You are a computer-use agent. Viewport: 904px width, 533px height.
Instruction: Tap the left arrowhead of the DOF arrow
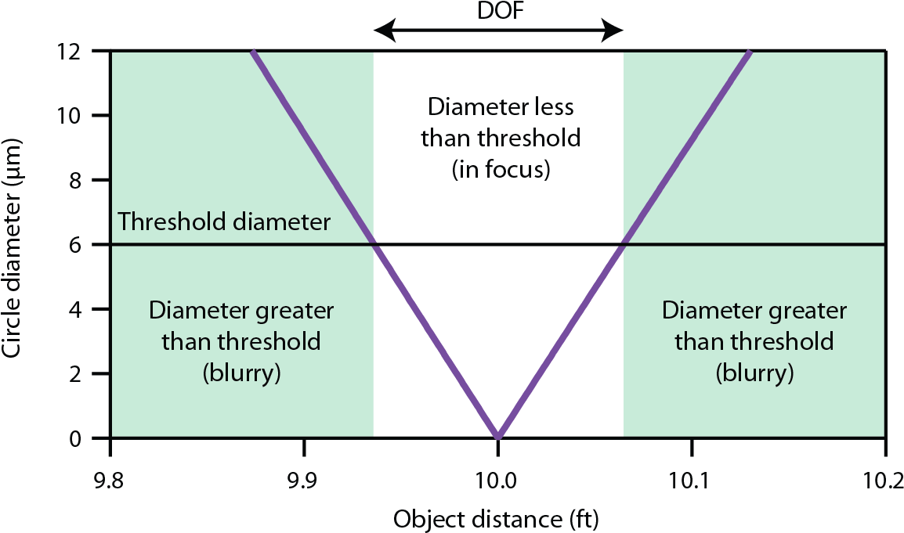(379, 31)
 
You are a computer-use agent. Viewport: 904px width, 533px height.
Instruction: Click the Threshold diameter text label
(224, 222)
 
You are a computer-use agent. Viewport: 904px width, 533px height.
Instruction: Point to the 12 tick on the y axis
(76, 51)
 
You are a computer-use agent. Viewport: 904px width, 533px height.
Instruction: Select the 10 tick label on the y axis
(76, 115)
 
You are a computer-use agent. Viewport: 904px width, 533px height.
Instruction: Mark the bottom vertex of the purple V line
(497, 435)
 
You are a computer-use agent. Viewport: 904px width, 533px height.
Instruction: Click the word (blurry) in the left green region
(241, 373)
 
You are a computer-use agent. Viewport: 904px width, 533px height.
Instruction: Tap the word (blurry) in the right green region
(754, 373)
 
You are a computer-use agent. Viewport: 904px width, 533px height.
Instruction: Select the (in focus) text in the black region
(501, 169)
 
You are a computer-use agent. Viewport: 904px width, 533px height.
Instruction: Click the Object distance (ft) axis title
(497, 519)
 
